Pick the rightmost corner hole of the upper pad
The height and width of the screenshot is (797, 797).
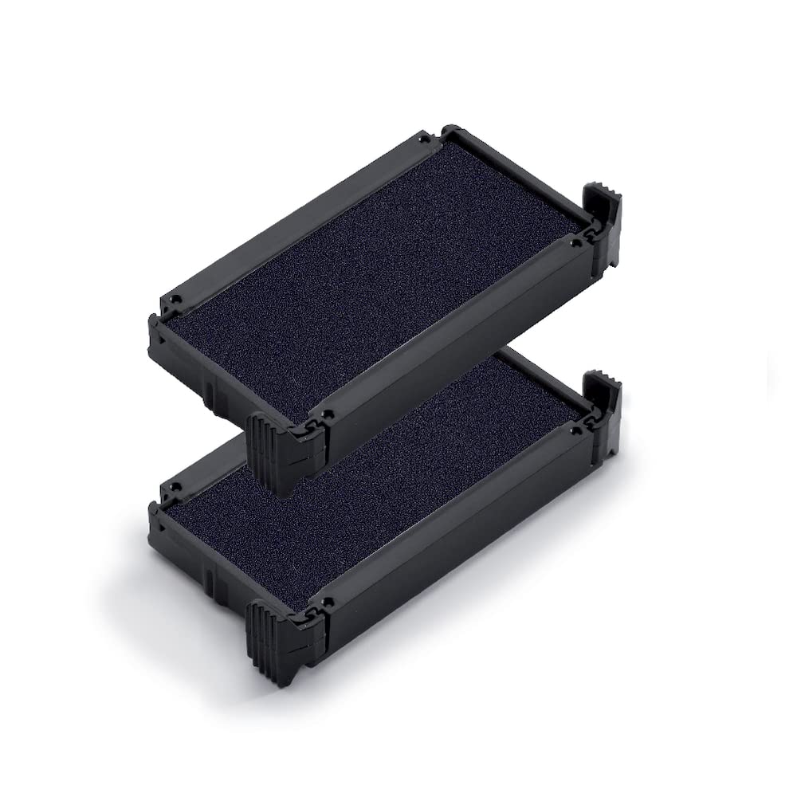[575, 238]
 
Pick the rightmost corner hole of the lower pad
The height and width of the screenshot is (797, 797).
[575, 431]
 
